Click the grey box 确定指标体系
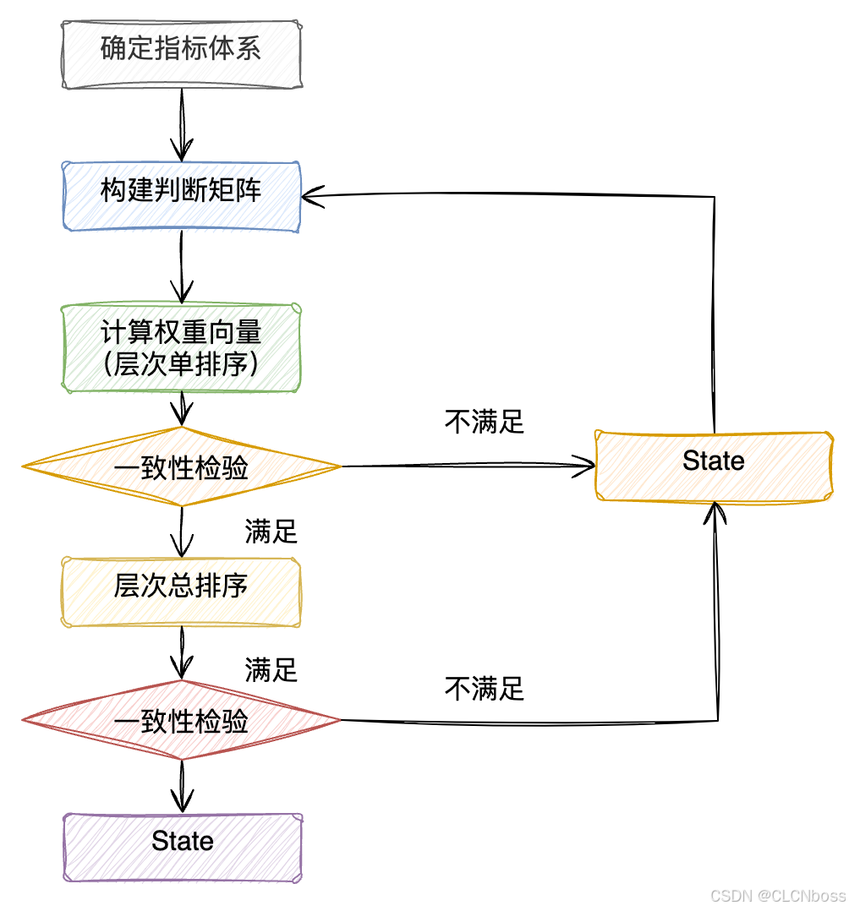point(182,54)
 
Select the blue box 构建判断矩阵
point(182,195)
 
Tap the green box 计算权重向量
point(182,348)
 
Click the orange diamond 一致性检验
point(182,466)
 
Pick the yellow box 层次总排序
point(182,591)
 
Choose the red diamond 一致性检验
point(182,721)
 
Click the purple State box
point(182,846)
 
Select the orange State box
point(714,466)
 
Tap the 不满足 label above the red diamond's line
point(485,689)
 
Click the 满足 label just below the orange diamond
point(271,532)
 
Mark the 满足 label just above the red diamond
point(271,670)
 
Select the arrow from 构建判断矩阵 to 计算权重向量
point(182,267)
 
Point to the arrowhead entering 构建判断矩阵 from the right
point(311,196)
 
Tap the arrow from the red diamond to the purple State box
point(182,785)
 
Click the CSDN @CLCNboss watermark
point(777,896)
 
